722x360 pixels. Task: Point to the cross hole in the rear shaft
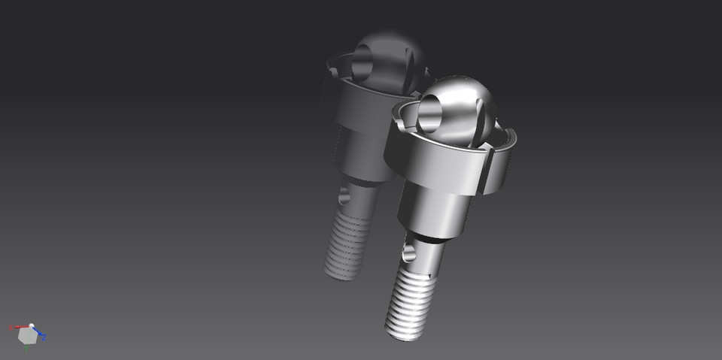(345, 197)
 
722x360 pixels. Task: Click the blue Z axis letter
(44, 338)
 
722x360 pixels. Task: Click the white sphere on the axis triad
(32, 326)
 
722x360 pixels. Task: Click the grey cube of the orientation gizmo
(28, 337)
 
